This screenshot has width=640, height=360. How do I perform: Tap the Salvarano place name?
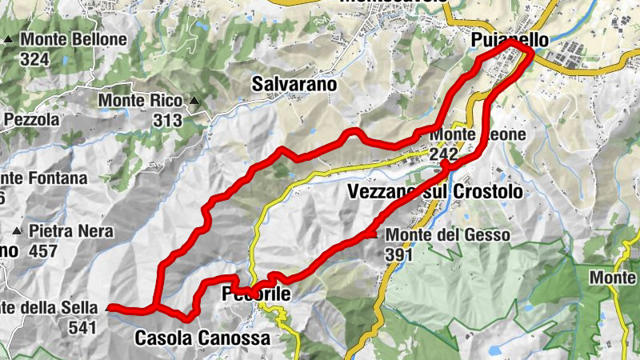click(x=294, y=83)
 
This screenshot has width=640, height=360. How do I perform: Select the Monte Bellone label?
click(x=74, y=39)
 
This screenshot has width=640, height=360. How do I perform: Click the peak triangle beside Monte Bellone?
click(x=9, y=39)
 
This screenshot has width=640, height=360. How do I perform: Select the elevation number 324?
click(x=36, y=58)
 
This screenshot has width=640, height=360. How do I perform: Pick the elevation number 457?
click(x=42, y=251)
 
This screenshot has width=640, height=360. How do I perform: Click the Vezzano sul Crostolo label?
click(x=435, y=192)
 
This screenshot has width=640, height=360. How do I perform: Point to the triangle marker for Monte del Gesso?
click(x=372, y=234)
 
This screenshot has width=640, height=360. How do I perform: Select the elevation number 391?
click(x=398, y=254)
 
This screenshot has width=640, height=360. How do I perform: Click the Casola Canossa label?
click(x=202, y=338)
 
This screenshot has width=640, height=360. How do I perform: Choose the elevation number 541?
click(x=82, y=327)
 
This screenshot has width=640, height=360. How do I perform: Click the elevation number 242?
click(x=443, y=154)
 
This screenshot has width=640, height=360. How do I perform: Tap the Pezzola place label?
click(x=32, y=120)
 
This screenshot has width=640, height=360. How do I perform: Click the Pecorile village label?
click(x=256, y=295)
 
